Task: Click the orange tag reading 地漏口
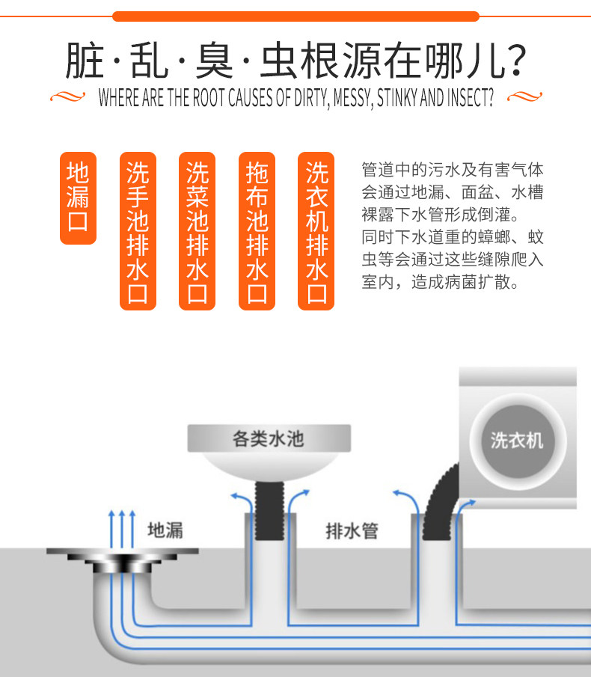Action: (79, 198)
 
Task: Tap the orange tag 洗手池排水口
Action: (138, 231)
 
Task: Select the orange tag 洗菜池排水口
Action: (197, 231)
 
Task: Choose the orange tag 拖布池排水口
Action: (257, 231)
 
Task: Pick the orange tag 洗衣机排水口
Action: (316, 231)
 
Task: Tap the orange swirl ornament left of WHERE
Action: (68, 97)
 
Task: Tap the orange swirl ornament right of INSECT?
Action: (524, 97)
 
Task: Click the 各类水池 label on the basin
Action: (268, 438)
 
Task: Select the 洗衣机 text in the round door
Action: (517, 439)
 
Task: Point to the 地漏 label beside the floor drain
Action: (165, 530)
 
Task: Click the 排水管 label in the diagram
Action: (352, 531)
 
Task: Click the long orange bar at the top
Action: (295, 16)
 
